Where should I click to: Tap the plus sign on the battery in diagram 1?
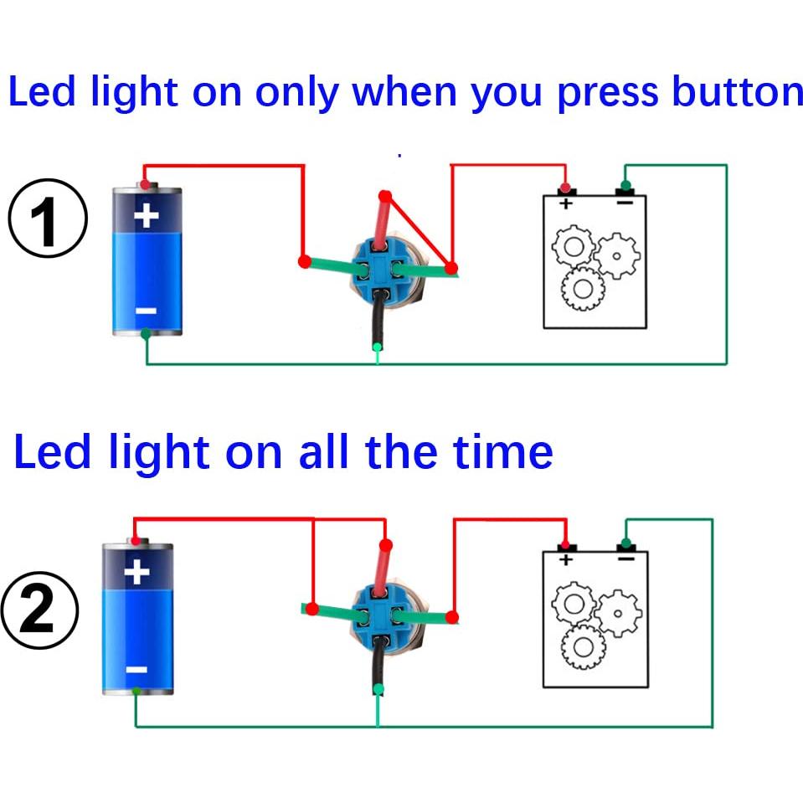[x=147, y=215]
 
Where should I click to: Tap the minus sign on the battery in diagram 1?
[x=146, y=311]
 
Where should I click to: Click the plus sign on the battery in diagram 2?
[x=136, y=573]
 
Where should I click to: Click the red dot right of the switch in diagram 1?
[x=451, y=268]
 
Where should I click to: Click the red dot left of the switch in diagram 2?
[x=311, y=608]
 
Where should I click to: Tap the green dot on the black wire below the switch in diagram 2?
[x=378, y=689]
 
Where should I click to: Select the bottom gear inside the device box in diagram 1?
[x=583, y=289]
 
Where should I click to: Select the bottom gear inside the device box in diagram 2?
[x=583, y=647]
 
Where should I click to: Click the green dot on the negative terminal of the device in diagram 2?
[x=625, y=541]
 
